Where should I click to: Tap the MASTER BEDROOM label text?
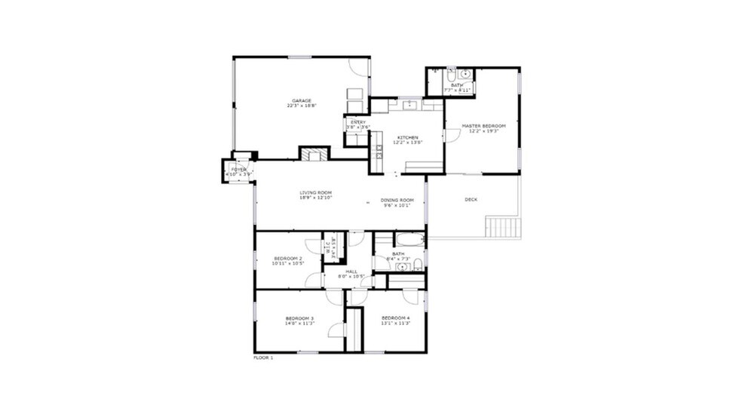(483, 125)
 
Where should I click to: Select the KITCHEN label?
(407, 137)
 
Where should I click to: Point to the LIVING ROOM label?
(315, 193)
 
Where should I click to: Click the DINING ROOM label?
(397, 200)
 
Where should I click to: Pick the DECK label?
(471, 200)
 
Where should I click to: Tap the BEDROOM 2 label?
(288, 259)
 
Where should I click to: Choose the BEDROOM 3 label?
(299, 319)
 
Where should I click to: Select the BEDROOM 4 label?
(395, 318)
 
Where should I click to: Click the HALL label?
(351, 271)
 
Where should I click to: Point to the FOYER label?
(238, 170)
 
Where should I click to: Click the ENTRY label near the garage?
(358, 122)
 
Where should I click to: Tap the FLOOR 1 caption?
(263, 357)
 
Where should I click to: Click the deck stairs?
(503, 226)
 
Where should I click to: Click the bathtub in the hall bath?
(410, 240)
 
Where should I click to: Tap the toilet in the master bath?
(451, 75)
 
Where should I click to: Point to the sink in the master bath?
(466, 74)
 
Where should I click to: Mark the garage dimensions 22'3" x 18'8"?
(302, 106)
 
